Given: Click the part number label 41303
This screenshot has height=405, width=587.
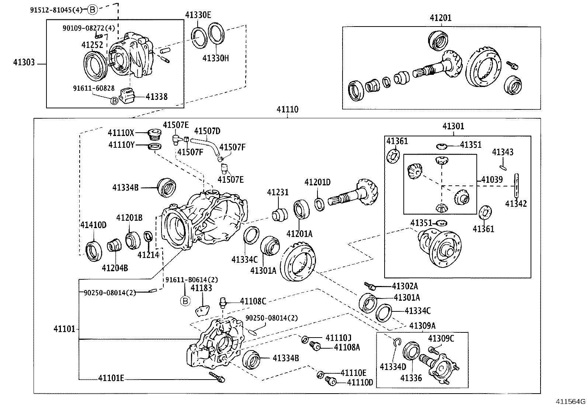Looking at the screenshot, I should click(x=24, y=63).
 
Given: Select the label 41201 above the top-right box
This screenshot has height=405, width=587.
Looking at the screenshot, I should click(x=440, y=18).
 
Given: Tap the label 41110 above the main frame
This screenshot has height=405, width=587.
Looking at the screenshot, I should click(x=287, y=109).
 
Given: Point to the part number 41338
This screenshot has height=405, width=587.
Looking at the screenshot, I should click(x=156, y=97).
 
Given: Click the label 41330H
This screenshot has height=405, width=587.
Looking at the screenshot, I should click(x=215, y=58).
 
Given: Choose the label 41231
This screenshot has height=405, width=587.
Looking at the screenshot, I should click(x=278, y=192).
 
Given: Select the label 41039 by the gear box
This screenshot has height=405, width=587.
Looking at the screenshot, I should click(x=492, y=180).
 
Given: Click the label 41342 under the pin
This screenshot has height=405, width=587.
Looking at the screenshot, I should click(x=516, y=203).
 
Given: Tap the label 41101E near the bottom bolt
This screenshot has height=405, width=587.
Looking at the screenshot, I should click(x=111, y=378).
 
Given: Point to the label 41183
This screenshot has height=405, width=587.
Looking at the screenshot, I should click(x=201, y=288).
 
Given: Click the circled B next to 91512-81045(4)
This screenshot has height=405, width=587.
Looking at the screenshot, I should click(x=93, y=10).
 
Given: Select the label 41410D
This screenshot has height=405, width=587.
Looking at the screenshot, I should click(x=93, y=225).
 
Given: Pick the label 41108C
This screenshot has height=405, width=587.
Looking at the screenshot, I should click(x=253, y=301).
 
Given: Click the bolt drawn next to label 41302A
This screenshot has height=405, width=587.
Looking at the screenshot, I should click(x=370, y=286).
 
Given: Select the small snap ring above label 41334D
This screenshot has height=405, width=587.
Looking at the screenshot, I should click(x=396, y=342).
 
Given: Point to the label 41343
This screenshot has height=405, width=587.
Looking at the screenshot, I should click(x=503, y=152).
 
